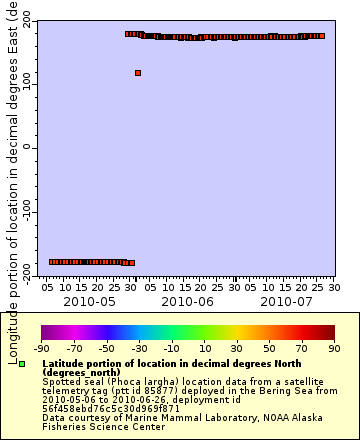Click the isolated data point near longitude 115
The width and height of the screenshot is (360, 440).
coord(137,73)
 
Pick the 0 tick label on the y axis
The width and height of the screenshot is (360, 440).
coord(29,148)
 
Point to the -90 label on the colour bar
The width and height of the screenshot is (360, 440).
coord(41,348)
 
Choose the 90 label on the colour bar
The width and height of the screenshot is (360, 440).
coord(334,348)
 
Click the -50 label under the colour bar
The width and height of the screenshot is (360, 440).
coord(107,348)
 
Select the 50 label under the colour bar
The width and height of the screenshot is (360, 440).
coord(269,348)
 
